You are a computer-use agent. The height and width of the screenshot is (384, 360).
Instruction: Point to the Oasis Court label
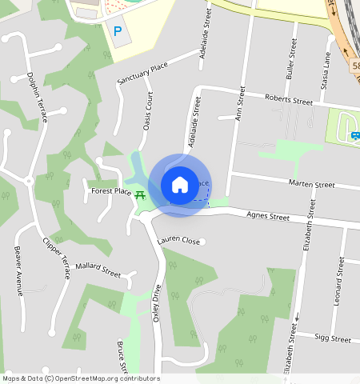147,110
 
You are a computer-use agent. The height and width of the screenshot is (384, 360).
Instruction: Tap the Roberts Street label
288,101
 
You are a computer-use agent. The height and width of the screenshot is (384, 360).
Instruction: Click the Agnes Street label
268,215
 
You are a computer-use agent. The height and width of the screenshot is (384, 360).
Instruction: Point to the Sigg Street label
332,339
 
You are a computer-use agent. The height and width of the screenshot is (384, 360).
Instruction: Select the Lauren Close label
178,240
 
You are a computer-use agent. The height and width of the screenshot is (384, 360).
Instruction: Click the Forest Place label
111,192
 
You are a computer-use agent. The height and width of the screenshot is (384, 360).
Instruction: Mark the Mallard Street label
97,269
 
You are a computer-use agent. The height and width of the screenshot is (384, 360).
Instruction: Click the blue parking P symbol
118,31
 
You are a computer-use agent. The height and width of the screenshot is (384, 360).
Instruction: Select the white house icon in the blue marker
180,185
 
